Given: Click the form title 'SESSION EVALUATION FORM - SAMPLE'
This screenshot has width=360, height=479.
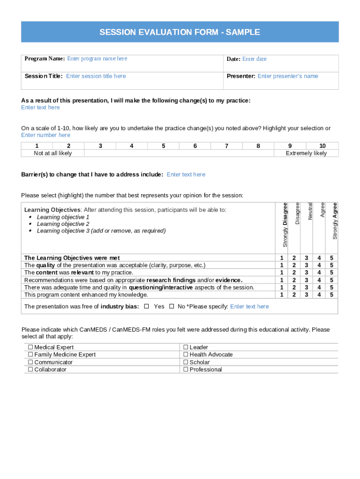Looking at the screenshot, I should [x=180, y=32].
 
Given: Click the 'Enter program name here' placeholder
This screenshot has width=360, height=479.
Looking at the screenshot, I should [x=97, y=58].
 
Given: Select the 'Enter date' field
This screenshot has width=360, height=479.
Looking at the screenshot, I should [x=254, y=59].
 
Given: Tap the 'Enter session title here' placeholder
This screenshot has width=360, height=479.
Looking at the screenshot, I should [x=96, y=76].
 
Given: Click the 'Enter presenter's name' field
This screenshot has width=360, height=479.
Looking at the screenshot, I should [x=288, y=76].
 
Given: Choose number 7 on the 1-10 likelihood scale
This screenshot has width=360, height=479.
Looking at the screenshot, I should [x=226, y=146].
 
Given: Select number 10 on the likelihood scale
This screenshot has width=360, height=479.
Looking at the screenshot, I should [x=322, y=146].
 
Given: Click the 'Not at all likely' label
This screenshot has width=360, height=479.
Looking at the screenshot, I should [x=53, y=153].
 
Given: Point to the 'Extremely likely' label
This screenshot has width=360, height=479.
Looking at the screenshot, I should [x=306, y=153].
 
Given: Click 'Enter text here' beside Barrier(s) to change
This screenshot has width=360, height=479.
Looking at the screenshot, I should [x=186, y=174].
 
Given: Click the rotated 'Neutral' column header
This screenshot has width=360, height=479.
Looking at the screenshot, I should [x=310, y=211].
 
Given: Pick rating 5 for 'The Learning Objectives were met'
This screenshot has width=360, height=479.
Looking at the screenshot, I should [x=331, y=258].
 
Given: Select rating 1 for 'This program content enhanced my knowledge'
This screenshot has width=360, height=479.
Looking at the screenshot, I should [x=281, y=295].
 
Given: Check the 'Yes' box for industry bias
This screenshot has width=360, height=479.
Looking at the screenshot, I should [x=147, y=306].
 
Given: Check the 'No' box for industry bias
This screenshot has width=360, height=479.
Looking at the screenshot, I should [x=172, y=306].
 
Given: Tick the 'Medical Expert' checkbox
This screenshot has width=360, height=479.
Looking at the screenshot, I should [x=31, y=347].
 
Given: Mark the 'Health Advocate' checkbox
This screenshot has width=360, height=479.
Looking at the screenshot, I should [x=186, y=355].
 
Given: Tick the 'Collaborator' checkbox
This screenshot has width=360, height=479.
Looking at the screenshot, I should [x=31, y=370].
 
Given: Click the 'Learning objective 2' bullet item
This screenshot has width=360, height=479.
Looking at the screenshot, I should [x=63, y=224].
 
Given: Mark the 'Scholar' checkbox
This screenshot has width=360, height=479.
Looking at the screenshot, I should [x=186, y=362].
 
